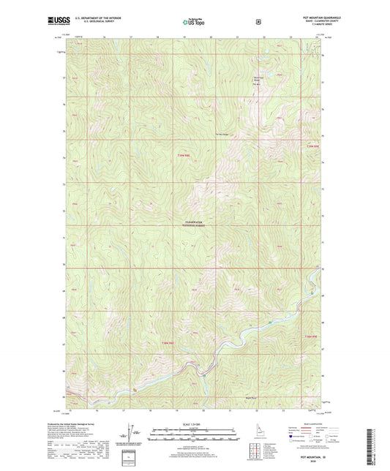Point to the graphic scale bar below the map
click(x=194, y=437)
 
